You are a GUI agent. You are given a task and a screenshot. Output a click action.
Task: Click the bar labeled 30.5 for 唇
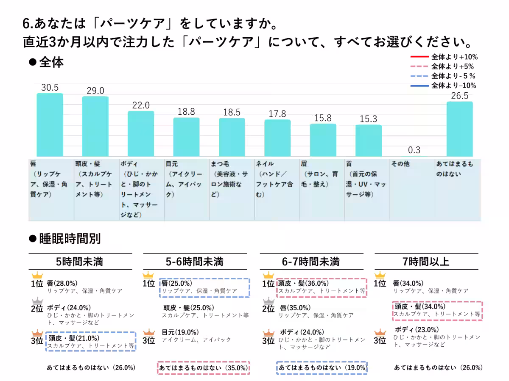[50, 125]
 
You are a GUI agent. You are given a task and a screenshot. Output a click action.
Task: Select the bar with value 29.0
[95, 127]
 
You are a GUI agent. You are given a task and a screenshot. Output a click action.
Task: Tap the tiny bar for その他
[414, 156]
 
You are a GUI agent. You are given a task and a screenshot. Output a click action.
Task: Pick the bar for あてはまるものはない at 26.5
[460, 129]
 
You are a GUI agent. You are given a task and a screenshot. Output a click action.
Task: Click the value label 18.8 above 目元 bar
[186, 112]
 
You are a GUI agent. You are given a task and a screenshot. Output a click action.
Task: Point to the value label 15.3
[368, 119]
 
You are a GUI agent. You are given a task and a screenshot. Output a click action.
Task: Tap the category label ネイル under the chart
[265, 164]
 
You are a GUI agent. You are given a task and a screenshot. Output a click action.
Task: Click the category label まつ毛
[221, 164]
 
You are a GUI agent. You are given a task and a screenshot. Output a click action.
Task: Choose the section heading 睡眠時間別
[70, 239]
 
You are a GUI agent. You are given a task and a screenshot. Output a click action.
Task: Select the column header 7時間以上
[426, 261]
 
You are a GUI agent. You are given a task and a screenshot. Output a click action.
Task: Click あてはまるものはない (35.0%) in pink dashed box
[204, 368]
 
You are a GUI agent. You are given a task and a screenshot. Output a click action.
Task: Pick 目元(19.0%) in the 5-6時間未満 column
[180, 332]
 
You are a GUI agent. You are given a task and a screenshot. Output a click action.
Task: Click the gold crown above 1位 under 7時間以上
[380, 275]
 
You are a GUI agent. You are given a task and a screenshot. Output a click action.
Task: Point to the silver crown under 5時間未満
[37, 300]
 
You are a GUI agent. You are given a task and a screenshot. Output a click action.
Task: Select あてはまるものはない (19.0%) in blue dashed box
[322, 368]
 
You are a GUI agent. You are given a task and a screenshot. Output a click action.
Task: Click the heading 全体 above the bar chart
[51, 62]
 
